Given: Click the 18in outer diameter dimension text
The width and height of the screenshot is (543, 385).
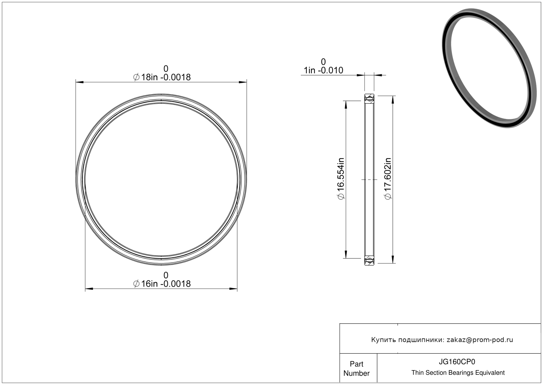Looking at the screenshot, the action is (162, 77).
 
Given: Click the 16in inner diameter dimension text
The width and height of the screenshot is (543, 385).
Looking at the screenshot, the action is (162, 284).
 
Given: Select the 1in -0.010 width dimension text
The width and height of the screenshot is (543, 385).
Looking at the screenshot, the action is (323, 70).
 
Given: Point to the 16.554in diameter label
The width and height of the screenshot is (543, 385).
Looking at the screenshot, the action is (340, 178).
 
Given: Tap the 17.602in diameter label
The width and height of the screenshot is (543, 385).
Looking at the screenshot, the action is (388, 178).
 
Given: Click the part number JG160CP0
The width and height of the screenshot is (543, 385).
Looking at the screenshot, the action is (457, 362).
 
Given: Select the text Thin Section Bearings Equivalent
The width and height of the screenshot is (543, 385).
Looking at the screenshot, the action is (458, 373).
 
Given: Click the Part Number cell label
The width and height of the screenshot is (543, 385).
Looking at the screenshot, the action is (356, 368).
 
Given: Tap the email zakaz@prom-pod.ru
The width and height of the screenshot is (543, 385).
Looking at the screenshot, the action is (480, 340).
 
